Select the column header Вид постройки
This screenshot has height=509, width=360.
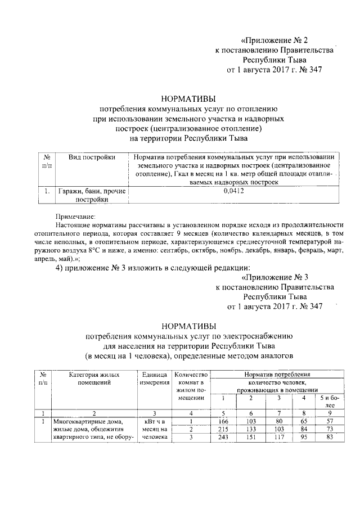pyautogui.click(x=92, y=157)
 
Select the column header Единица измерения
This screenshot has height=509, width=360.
pyautogui.click(x=154, y=379)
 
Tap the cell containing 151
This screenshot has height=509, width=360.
pyautogui.click(x=251, y=439)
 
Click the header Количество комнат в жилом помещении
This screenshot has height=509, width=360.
pyautogui.click(x=191, y=386)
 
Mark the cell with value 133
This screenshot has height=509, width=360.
pyautogui.click(x=251, y=430)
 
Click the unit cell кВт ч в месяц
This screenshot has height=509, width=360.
pyautogui.click(x=154, y=430)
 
